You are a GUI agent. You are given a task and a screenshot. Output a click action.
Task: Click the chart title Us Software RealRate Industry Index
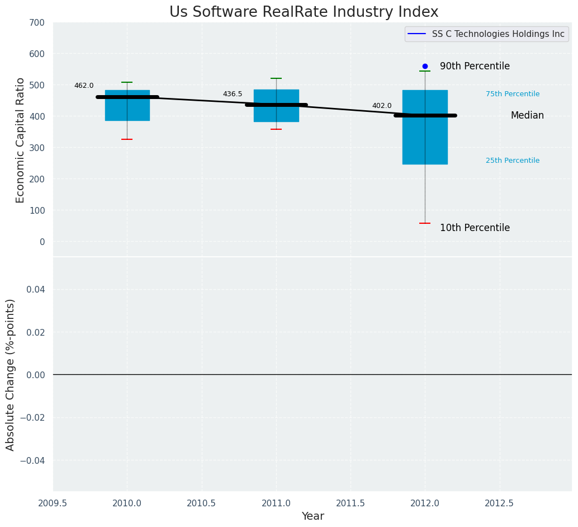pyautogui.click(x=304, y=12)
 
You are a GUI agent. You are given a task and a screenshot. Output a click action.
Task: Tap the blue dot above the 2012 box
pyautogui.click(x=425, y=66)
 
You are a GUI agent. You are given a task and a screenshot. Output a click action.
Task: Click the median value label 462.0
pyautogui.click(x=84, y=86)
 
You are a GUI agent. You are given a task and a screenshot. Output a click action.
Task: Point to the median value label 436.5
pyautogui.click(x=233, y=94)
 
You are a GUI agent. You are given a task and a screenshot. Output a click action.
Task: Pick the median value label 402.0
pyautogui.click(x=382, y=106)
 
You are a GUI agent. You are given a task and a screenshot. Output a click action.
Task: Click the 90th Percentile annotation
pyautogui.click(x=475, y=66)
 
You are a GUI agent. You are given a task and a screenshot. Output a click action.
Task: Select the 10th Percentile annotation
pyautogui.click(x=475, y=228)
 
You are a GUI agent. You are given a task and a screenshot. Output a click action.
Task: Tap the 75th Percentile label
pyautogui.click(x=513, y=94)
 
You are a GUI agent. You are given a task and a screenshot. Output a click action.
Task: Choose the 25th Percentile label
pyautogui.click(x=513, y=161)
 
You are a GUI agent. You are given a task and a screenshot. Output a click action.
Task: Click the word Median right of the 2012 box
pyautogui.click(x=527, y=115)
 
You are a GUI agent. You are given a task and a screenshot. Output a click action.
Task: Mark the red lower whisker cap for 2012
pyautogui.click(x=425, y=223)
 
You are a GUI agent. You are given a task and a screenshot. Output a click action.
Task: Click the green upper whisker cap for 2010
pyautogui.click(x=127, y=82)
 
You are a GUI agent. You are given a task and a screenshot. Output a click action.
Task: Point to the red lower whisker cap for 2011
pyautogui.click(x=276, y=129)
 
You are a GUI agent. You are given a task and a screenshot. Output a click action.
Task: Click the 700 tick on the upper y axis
pyautogui.click(x=37, y=22)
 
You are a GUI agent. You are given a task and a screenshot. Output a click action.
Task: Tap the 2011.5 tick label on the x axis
pyautogui.click(x=350, y=503)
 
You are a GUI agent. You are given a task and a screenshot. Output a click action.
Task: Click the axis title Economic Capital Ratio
pyautogui.click(x=21, y=140)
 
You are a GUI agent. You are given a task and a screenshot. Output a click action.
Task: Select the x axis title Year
pyautogui.click(x=312, y=516)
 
